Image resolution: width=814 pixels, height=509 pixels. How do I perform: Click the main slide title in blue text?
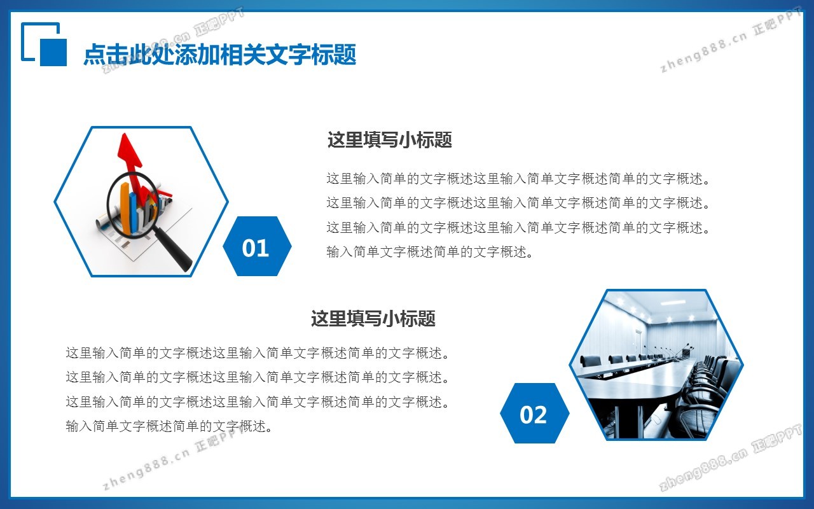(220, 55)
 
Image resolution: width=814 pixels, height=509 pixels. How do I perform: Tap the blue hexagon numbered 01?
(257, 246)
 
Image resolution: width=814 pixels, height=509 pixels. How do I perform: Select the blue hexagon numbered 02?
(535, 413)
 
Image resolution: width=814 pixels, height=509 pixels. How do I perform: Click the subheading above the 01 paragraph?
(390, 140)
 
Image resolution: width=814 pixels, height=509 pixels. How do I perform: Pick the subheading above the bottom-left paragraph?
(373, 319)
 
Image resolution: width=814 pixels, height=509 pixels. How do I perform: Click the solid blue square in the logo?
(53, 52)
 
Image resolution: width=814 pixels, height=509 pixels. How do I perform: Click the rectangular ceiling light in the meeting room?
(673, 302)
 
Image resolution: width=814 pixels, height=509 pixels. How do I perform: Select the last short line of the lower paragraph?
(169, 426)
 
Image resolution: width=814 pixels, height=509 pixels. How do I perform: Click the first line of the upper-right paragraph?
(518, 179)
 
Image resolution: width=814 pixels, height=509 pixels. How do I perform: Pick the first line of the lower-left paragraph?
(258, 352)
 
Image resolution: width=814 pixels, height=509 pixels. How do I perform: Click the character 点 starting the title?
(95, 55)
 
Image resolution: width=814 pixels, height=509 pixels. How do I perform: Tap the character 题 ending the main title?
(345, 55)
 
